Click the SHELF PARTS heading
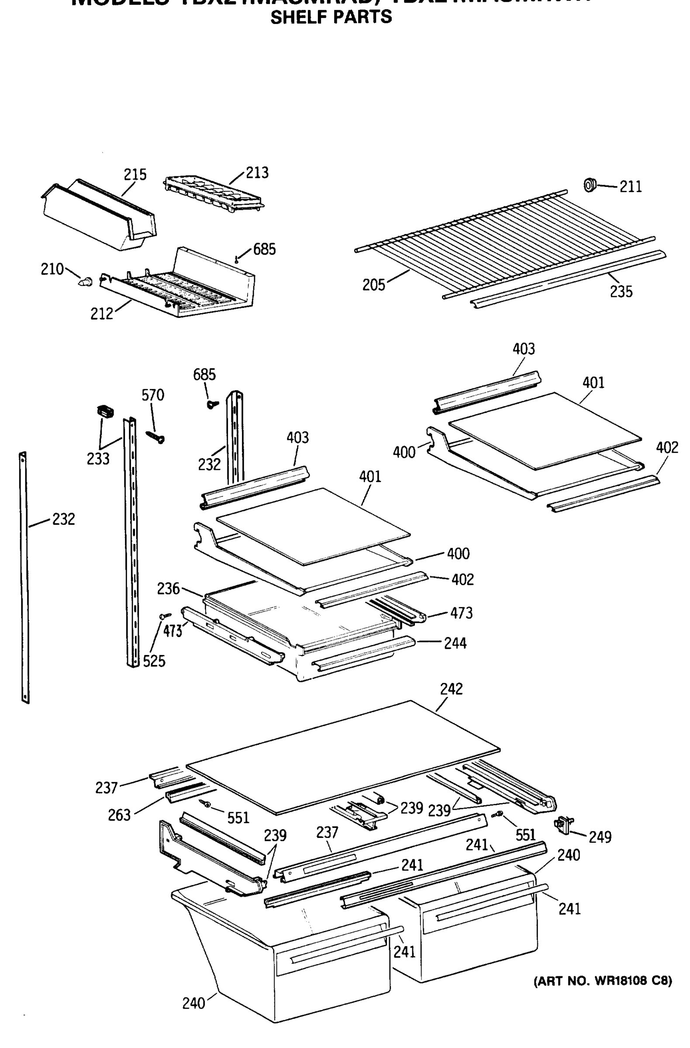point(331,17)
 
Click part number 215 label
point(135,175)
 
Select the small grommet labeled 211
point(589,185)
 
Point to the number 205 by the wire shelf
point(373,285)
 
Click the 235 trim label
point(621,291)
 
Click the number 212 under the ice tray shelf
point(102,314)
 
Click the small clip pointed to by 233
point(105,411)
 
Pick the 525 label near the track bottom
point(154,661)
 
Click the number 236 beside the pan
point(168,588)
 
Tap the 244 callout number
point(455,643)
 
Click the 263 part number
point(119,815)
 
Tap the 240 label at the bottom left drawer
point(194,1003)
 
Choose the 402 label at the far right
point(667,448)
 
